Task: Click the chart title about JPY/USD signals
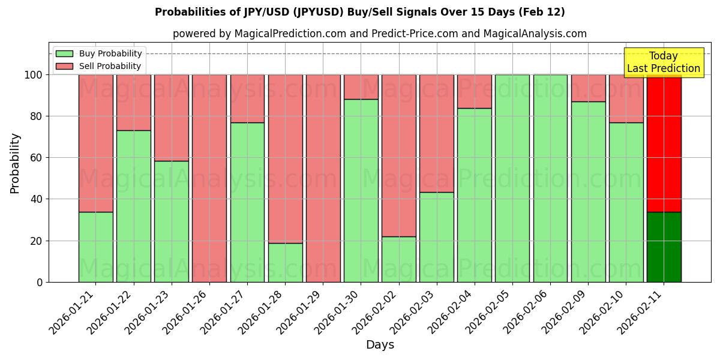[x=359, y=12]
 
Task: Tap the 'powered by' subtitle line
[x=379, y=34]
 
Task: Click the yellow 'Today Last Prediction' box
[x=663, y=62]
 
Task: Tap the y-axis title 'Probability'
[x=15, y=163]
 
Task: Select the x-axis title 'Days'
[x=380, y=345]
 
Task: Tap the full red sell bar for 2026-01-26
[x=209, y=178]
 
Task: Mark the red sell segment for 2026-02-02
[x=398, y=155]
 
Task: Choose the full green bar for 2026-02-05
[x=512, y=178]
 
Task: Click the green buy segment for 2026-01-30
[x=361, y=190]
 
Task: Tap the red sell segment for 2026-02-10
[x=626, y=98]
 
